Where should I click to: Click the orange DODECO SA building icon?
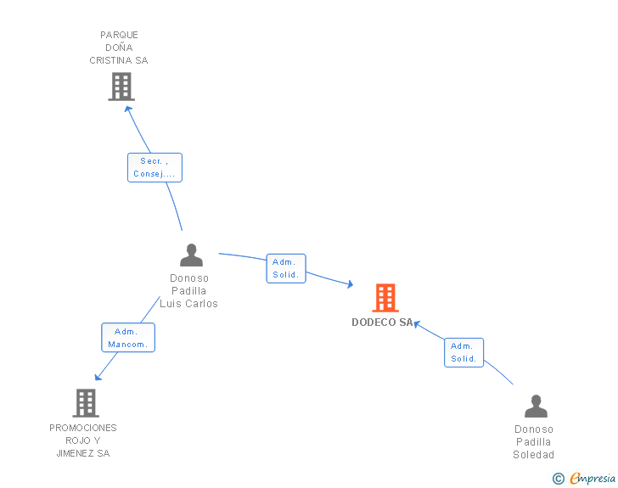(x=385, y=298)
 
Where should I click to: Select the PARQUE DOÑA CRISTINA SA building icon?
(x=121, y=87)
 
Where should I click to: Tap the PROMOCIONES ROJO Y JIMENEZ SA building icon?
(x=86, y=403)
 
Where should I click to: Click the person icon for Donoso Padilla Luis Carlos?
(x=192, y=255)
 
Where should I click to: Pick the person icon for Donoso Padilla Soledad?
(x=536, y=407)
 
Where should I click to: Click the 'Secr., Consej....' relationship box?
(x=154, y=167)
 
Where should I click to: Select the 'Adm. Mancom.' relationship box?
(x=128, y=338)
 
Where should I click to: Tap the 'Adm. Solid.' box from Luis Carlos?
(x=285, y=268)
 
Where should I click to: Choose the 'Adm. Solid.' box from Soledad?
(x=463, y=352)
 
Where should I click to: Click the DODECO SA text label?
(x=382, y=323)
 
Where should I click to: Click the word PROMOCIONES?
(x=83, y=428)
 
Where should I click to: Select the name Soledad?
(x=533, y=455)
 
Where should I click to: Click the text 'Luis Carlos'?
(x=188, y=304)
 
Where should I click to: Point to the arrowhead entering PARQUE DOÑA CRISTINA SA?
(x=128, y=107)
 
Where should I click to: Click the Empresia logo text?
(x=593, y=479)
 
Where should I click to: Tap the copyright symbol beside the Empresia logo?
(x=559, y=479)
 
